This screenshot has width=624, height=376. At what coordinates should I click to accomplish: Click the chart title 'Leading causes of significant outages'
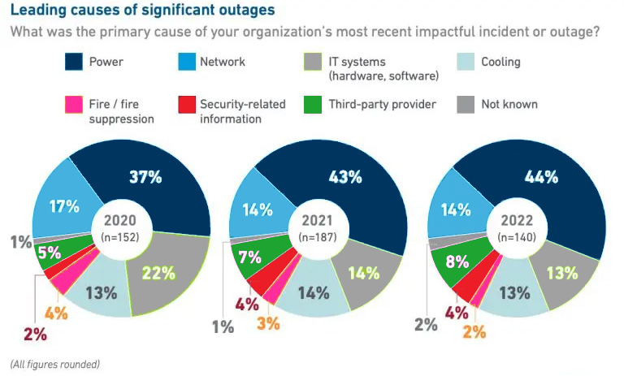pyautogui.click(x=141, y=11)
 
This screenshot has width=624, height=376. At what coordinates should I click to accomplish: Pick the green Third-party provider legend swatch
pyautogui.click(x=312, y=105)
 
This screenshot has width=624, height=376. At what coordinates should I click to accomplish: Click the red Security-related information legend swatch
pyautogui.click(x=186, y=105)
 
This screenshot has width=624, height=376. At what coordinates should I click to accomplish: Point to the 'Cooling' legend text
pyautogui.click(x=500, y=62)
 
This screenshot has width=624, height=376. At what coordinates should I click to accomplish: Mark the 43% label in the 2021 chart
pyautogui.click(x=344, y=175)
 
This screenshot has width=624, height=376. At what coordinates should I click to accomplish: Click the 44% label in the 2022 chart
pyautogui.click(x=543, y=175)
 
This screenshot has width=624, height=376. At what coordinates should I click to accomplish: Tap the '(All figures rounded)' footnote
pyautogui.click(x=54, y=363)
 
